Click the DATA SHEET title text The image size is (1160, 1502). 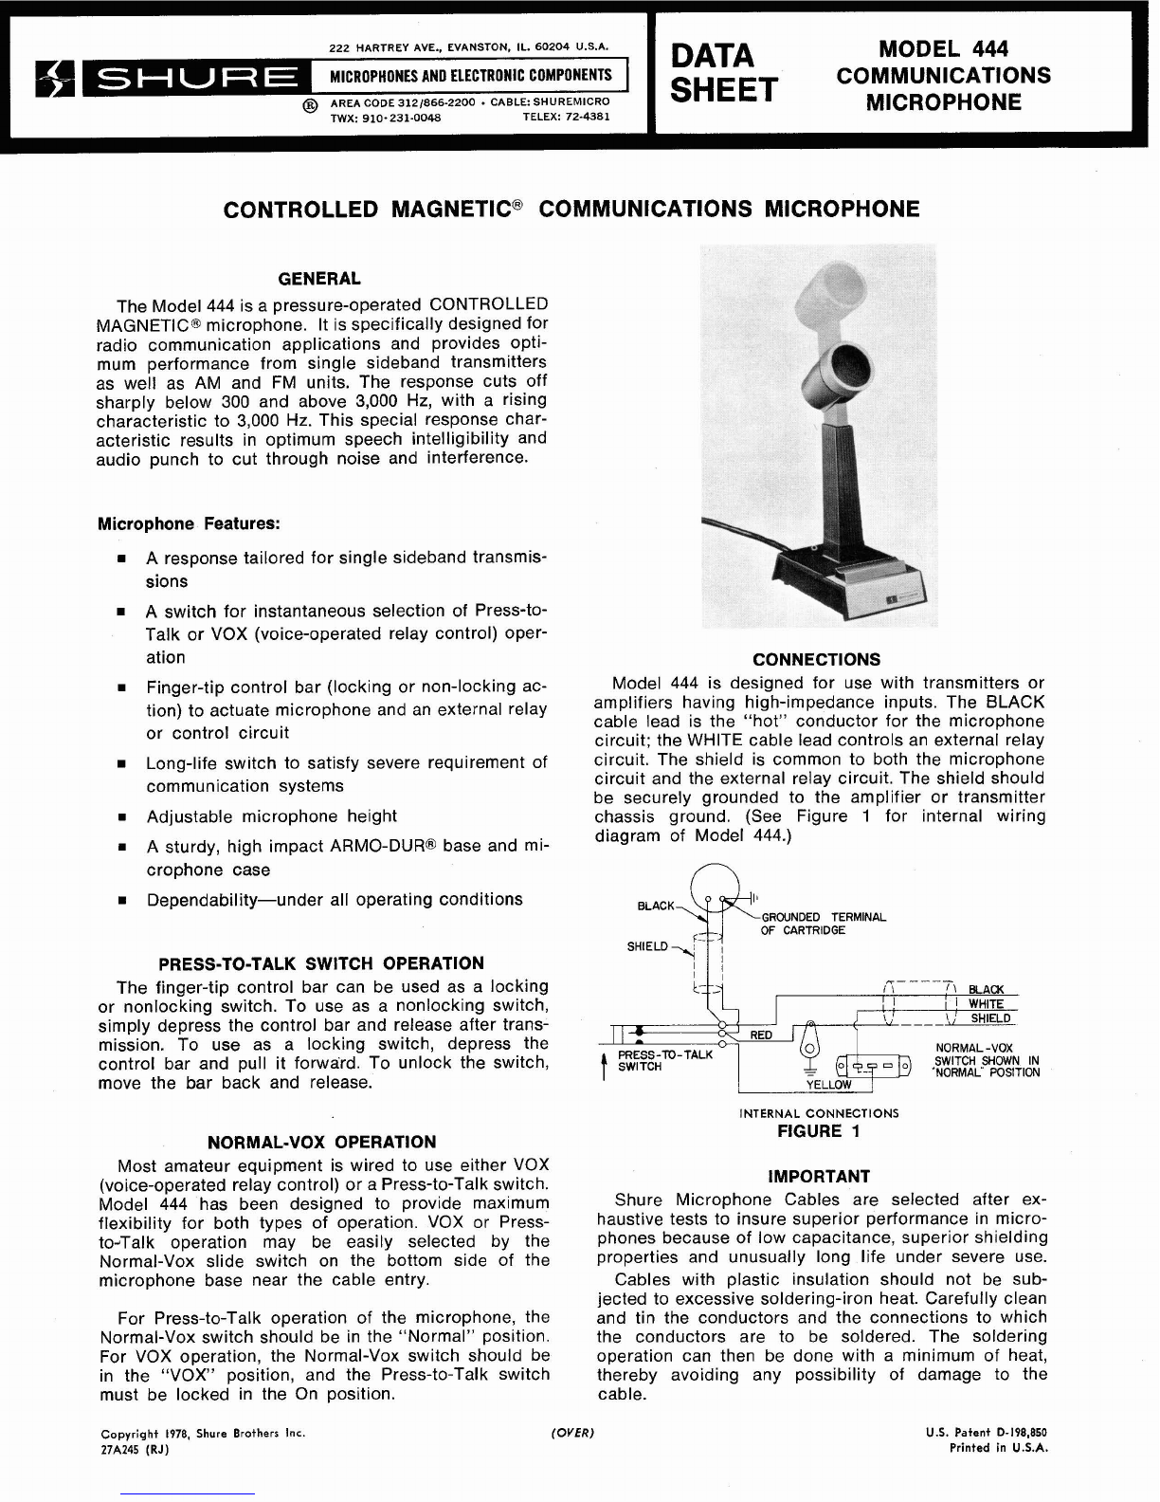(x=722, y=71)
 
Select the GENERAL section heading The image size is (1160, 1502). (x=318, y=279)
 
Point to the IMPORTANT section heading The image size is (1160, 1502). (x=818, y=1177)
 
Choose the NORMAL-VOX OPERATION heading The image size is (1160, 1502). (x=321, y=1143)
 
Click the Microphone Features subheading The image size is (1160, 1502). (x=189, y=524)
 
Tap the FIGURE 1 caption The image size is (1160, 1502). (x=809, y=1130)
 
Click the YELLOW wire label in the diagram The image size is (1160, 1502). (x=828, y=1085)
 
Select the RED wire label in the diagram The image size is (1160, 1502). (x=761, y=1035)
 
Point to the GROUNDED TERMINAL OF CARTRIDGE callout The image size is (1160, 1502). (x=823, y=924)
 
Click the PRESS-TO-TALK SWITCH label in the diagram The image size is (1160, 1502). (x=664, y=1060)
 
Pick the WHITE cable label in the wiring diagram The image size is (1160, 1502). (x=986, y=1004)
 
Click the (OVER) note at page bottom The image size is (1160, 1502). (x=571, y=1433)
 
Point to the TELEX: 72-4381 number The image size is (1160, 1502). (x=566, y=118)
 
